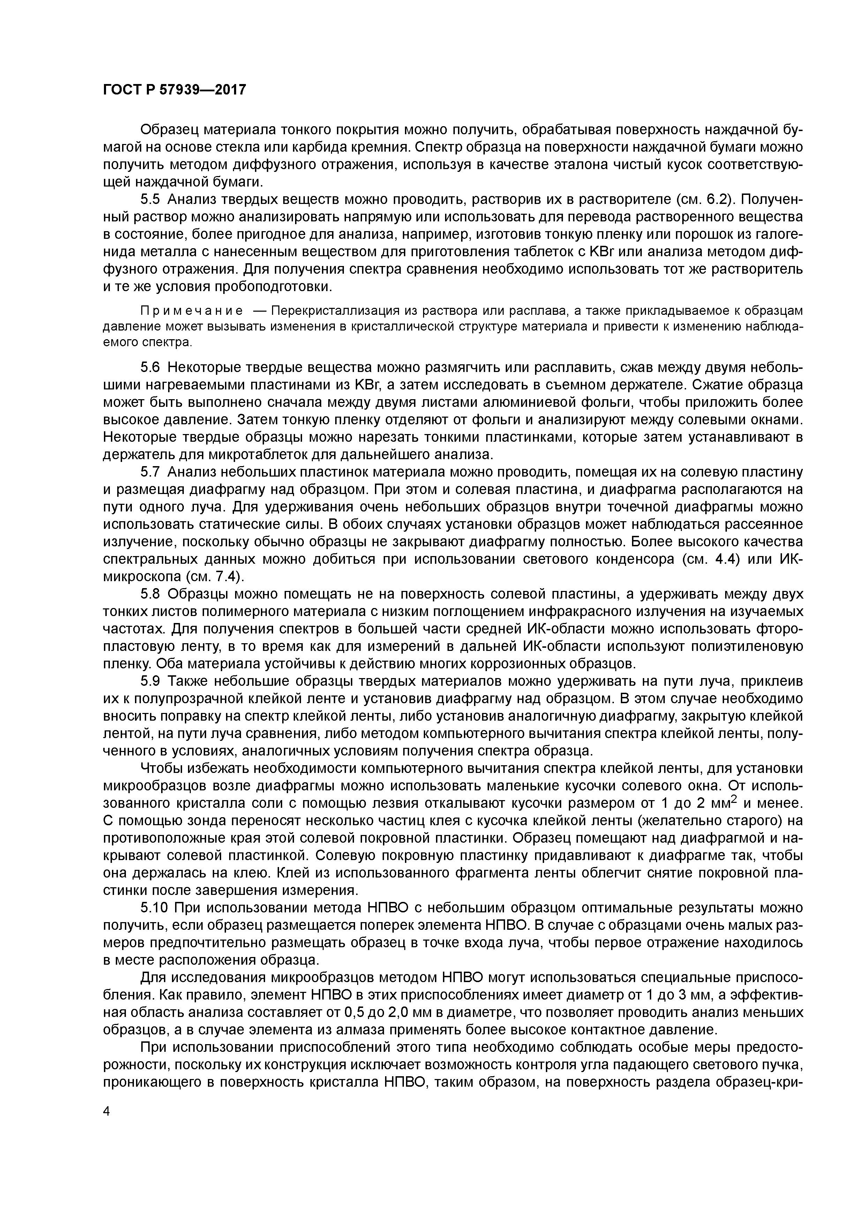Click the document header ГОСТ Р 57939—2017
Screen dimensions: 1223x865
[174, 90]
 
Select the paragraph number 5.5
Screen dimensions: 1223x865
[150, 200]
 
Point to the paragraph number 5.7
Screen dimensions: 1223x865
[150, 472]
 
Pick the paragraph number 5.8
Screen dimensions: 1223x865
[150, 594]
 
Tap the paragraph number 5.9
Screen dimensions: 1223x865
[150, 681]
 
